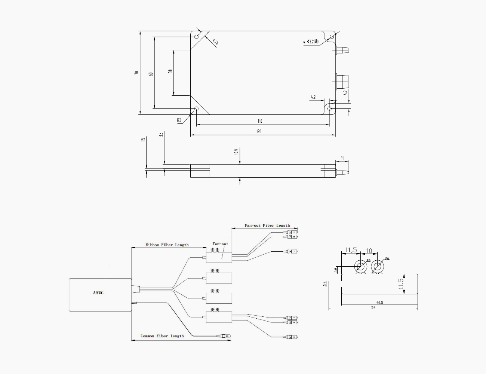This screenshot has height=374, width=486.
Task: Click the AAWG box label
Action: coord(98,292)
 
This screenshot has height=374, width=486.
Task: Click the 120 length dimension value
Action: coord(259,131)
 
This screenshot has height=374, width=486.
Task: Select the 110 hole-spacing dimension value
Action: coord(259,121)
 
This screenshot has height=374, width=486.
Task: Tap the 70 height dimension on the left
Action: coord(137,73)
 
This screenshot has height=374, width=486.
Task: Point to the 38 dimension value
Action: coord(170,71)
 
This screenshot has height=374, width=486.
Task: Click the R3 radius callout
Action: coord(179,120)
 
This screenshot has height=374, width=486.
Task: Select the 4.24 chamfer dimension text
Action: coord(215,42)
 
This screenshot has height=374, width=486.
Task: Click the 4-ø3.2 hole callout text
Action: coord(311,42)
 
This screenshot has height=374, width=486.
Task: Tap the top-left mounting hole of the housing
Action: coord(197,37)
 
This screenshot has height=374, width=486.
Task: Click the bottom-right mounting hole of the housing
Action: coord(329,108)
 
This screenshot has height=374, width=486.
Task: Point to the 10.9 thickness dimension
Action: coord(236,151)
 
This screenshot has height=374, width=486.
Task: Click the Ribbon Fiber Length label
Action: coord(167,245)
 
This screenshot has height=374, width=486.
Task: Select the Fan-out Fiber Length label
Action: coord(267,226)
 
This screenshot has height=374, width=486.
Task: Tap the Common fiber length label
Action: coord(162,336)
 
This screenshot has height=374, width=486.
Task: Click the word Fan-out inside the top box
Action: coord(220,244)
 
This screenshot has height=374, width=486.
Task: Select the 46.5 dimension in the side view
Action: coord(379,302)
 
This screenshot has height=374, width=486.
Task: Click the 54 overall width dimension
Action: coord(373,307)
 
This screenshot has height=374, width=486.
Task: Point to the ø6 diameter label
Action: coord(387,258)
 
